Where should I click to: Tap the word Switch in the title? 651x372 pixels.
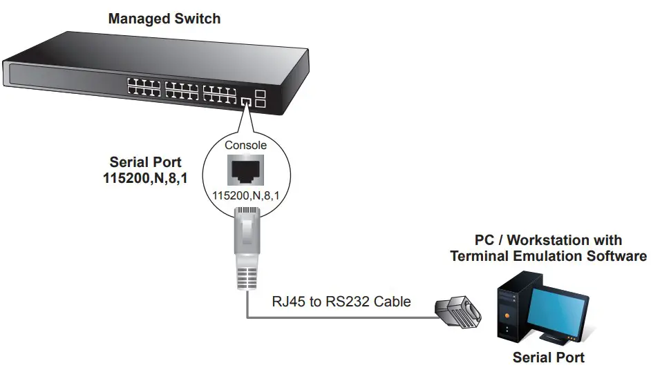198,19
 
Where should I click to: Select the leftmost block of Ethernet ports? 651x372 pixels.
143,87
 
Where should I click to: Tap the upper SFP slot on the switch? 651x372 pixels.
261,94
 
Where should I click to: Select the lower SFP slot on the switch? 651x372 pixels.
261,104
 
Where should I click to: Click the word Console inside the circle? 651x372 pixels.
245,146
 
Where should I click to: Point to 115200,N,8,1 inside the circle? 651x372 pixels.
245,196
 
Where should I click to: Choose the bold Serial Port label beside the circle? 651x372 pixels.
145,163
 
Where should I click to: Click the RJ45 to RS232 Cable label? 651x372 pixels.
341,301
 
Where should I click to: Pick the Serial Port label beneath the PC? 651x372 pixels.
548,358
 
